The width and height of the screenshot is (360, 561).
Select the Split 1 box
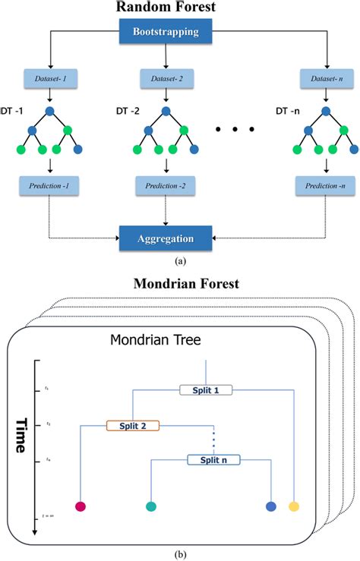(205, 389)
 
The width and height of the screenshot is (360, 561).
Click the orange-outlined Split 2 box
(132, 426)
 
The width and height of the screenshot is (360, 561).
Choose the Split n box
(213, 459)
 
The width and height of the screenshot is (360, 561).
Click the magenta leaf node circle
(81, 506)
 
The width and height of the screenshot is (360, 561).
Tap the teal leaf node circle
(150, 506)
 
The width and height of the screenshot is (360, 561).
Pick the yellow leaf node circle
(294, 506)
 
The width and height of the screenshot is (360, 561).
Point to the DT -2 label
(128, 110)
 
